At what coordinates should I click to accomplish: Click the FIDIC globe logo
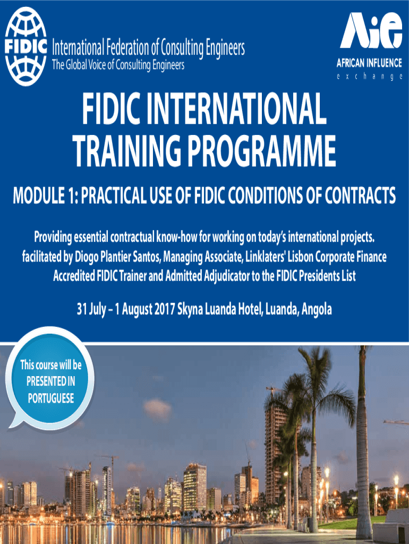pos(25,47)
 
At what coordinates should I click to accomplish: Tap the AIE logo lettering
pos(371,31)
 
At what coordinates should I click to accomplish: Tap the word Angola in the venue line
pos(316,309)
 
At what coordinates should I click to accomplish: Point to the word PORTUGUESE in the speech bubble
pos(50,398)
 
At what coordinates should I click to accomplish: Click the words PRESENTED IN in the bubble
pos(50,381)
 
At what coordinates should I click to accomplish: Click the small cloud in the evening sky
pos(157,409)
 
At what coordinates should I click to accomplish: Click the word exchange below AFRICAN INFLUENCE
pos(369,77)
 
